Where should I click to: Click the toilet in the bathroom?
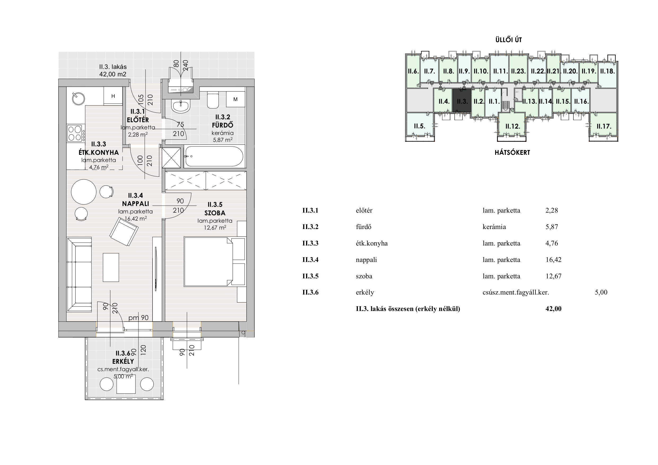(213, 100)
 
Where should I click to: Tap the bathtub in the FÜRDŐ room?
(214, 156)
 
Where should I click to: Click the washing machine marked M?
(235, 99)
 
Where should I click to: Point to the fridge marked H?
(113, 96)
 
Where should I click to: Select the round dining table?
(84, 192)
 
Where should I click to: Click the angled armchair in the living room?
(124, 231)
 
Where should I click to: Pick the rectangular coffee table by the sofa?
(111, 267)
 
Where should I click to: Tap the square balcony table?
(126, 384)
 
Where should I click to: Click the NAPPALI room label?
(136, 204)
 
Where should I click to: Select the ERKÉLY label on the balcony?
(123, 361)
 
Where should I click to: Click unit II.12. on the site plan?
(513, 126)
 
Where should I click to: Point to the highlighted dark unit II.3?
(462, 100)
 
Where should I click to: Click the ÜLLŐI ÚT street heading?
(509, 40)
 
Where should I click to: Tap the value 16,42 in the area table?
(554, 260)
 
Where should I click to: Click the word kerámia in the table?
(494, 227)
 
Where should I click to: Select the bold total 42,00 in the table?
(554, 309)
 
